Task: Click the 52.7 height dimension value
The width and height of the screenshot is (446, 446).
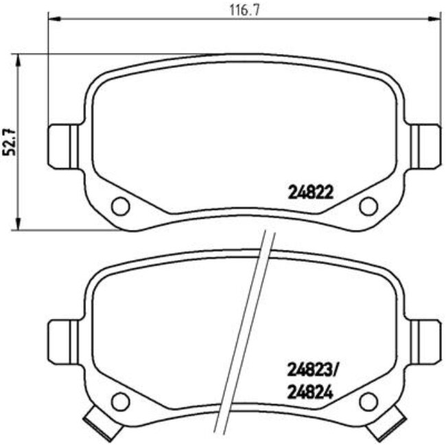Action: (10, 142)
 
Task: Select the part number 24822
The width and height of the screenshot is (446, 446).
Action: (310, 193)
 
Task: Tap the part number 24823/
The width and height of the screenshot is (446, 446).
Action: (312, 371)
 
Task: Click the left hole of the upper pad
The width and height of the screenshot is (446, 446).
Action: (120, 204)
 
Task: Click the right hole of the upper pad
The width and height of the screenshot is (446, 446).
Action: (368, 204)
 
